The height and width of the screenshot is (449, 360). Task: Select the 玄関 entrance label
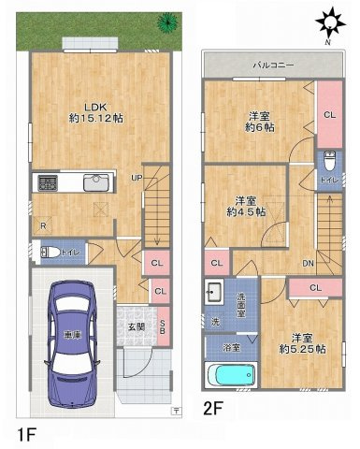pos(136,326)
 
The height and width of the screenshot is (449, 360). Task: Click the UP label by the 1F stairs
pos(137,177)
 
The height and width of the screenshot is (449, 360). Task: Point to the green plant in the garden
pos(167,22)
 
